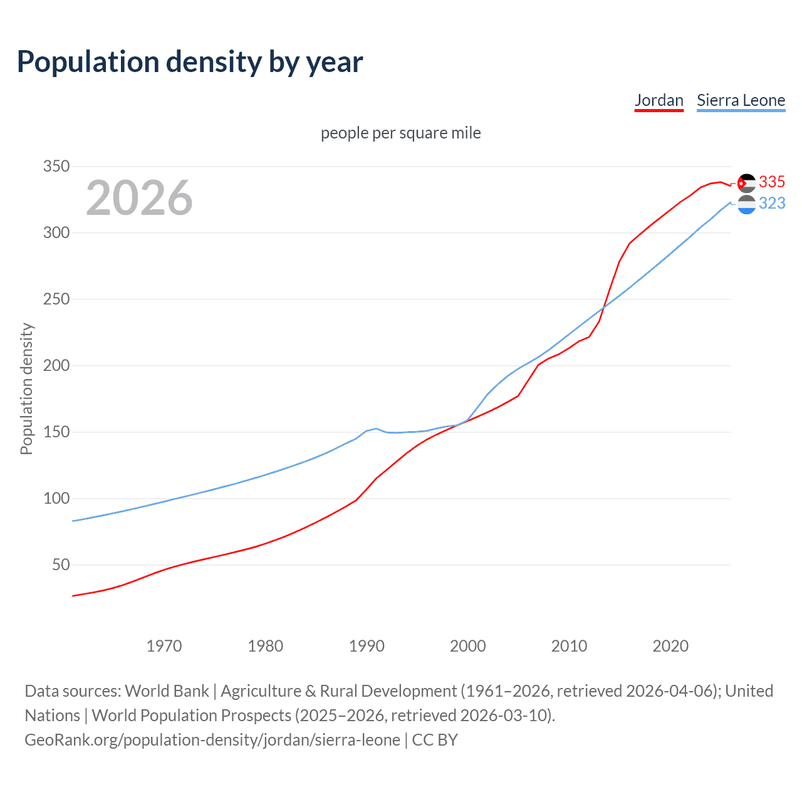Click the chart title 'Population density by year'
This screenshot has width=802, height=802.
click(x=190, y=62)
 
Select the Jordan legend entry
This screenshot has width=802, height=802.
click(x=659, y=100)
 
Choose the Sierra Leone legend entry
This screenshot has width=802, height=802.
click(x=741, y=100)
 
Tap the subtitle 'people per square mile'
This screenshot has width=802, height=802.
click(x=400, y=133)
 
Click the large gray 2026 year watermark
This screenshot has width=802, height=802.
click(x=139, y=198)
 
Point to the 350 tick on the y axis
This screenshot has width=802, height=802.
click(x=56, y=167)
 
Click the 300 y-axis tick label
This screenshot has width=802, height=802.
click(x=56, y=233)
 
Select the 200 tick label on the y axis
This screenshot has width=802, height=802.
click(x=56, y=366)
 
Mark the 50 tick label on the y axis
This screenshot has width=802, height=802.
click(x=61, y=565)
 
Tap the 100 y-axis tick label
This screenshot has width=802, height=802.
click(x=56, y=499)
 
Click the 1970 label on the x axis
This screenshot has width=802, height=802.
click(x=164, y=646)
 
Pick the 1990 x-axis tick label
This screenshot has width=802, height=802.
click(x=367, y=646)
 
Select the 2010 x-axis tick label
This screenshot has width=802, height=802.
click(x=569, y=646)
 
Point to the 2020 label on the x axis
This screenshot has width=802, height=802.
click(x=670, y=646)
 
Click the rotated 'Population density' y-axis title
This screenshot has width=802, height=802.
click(x=26, y=388)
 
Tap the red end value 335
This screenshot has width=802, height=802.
click(x=771, y=182)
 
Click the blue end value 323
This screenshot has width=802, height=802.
click(x=771, y=204)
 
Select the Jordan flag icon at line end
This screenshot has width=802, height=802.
click(x=746, y=183)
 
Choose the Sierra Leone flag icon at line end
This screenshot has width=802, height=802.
click(x=746, y=205)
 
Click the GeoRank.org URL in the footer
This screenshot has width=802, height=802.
click(x=212, y=740)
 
